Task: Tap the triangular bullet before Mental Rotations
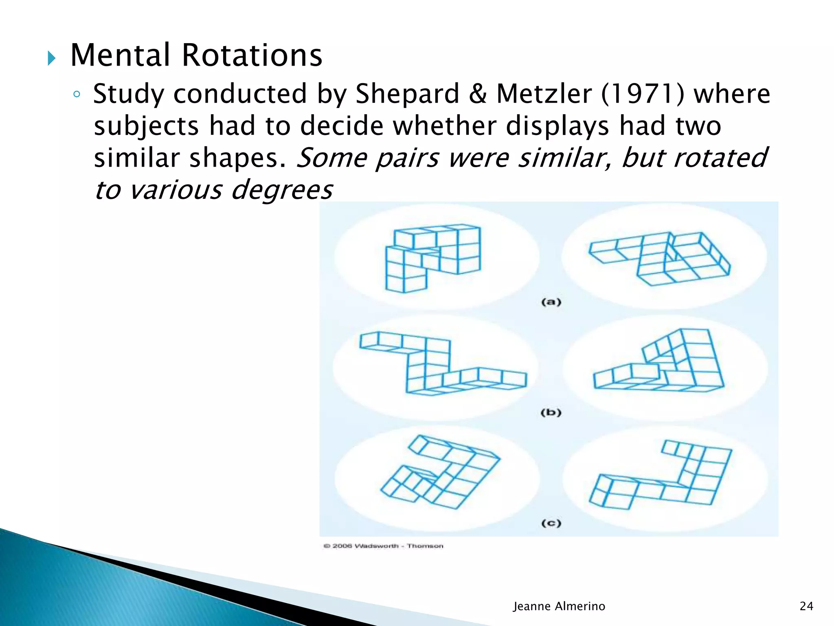point(51,58)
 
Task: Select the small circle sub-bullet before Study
point(77,95)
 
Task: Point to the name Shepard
point(408,94)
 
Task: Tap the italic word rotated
point(720,158)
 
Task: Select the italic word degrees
point(282,190)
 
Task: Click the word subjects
point(146,126)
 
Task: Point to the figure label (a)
point(551,302)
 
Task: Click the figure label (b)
point(551,412)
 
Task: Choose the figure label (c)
point(551,523)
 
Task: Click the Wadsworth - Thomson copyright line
point(384,546)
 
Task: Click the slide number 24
point(806,606)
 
